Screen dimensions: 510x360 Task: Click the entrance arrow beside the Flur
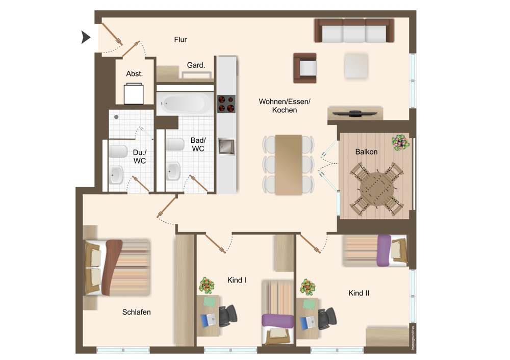[x=85, y=37]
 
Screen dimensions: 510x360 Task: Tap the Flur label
[x=181, y=40]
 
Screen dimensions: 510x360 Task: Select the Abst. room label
[x=134, y=74]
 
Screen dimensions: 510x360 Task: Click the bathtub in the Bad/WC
[x=185, y=104]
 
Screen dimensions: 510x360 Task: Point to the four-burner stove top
[x=226, y=104]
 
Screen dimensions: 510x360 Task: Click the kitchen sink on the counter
[x=226, y=146]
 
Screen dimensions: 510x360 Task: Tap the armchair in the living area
[x=305, y=68]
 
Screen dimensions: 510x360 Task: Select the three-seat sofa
[x=354, y=31]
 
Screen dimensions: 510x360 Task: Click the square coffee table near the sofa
[x=356, y=66]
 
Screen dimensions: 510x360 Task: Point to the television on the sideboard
[x=355, y=114]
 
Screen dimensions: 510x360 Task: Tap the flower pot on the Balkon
[x=400, y=142]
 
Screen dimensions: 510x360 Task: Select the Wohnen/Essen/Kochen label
[x=285, y=106]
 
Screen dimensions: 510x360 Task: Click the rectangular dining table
[x=289, y=165]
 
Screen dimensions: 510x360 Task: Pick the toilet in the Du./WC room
[x=118, y=151]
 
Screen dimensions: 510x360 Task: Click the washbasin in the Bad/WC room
[x=174, y=171]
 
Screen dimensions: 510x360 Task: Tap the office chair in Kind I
[x=227, y=316]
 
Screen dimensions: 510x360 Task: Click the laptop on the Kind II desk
[x=307, y=322]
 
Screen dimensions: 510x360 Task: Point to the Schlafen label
[x=136, y=312]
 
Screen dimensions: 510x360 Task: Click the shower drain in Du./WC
[x=116, y=117]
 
